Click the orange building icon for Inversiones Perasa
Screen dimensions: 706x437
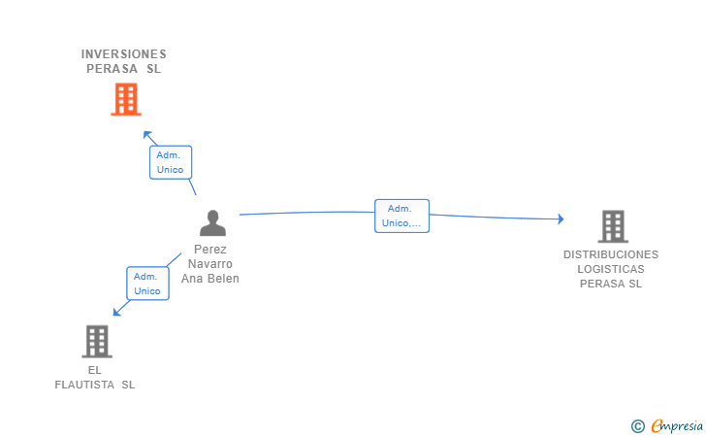[126, 99]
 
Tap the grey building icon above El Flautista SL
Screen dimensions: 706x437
[97, 342]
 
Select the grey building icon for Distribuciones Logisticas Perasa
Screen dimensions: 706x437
[613, 226]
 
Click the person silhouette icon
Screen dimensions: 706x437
[212, 223]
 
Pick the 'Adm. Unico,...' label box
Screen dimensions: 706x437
[401, 216]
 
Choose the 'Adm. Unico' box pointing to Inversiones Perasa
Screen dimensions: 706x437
[171, 162]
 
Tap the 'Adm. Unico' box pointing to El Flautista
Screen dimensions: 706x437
[147, 284]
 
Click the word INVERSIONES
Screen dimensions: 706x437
[124, 54]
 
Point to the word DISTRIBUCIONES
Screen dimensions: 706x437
[611, 254]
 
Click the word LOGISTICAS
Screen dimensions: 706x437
[611, 269]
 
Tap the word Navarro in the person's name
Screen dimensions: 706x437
[210, 264]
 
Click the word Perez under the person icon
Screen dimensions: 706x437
[210, 250]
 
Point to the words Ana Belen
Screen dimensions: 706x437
[210, 279]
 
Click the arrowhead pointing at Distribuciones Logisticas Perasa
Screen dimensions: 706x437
[561, 218]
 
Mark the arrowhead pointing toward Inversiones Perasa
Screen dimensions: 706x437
[147, 135]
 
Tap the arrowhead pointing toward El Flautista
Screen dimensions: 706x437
[116, 312]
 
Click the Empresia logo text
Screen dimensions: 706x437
[677, 425]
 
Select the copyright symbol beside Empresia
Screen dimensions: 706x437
[638, 426]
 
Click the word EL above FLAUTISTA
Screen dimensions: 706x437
[95, 370]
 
